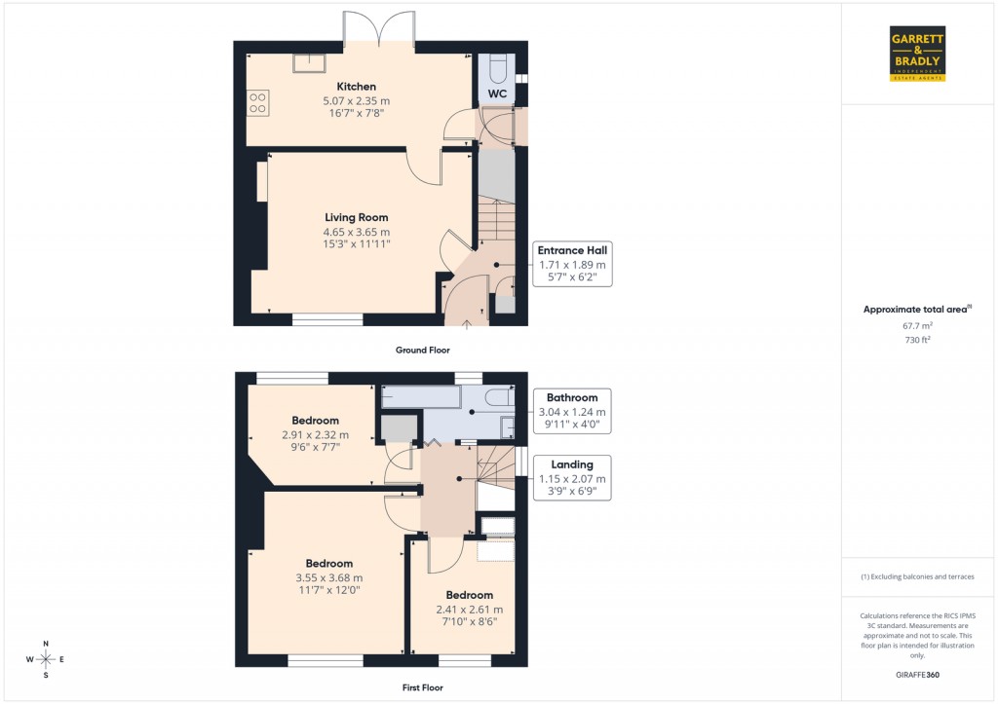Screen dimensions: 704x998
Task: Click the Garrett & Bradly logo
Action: click(x=918, y=54)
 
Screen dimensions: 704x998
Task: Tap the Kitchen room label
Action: click(x=356, y=87)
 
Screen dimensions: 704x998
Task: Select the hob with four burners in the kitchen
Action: click(x=258, y=102)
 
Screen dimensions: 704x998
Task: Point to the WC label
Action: click(x=497, y=93)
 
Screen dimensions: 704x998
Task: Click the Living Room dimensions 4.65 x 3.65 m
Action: click(x=356, y=232)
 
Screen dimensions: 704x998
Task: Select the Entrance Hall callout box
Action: click(x=574, y=264)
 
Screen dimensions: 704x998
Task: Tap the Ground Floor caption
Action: click(x=422, y=350)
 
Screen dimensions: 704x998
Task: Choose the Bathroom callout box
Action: click(x=572, y=412)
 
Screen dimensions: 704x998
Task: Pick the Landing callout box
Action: click(x=572, y=478)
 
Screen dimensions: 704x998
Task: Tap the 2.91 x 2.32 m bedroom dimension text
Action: click(x=315, y=435)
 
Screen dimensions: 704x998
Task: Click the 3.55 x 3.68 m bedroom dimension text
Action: click(x=328, y=577)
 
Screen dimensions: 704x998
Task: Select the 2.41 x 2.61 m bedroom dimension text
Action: click(x=469, y=610)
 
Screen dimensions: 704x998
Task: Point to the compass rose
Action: click(x=45, y=659)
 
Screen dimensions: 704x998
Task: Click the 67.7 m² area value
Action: click(x=918, y=327)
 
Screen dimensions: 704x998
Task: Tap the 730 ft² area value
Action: click(x=918, y=341)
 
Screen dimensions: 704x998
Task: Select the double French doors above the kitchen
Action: click(x=379, y=27)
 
